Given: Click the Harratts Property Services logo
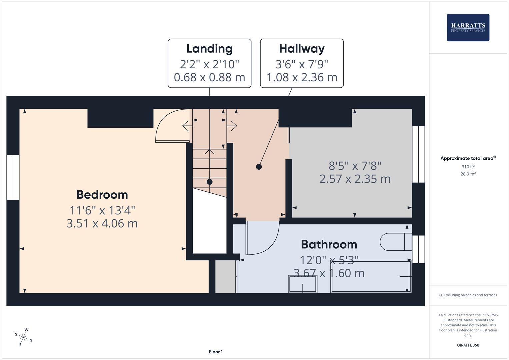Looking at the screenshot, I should tap(468, 27).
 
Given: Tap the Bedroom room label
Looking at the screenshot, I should tap(102, 195).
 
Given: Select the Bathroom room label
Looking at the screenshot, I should tap(329, 244).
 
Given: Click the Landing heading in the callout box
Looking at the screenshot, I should tap(209, 49).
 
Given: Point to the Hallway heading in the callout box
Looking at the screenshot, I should tap(302, 49).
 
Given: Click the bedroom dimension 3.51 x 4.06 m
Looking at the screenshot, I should tap(102, 223).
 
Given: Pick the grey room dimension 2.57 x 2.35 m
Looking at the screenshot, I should tap(355, 179).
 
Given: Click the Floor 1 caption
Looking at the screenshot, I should tap(216, 352).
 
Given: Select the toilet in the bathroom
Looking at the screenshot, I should tap(396, 242).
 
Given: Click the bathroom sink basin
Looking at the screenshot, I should tap(302, 284).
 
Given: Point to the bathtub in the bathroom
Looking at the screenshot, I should tap(371, 277).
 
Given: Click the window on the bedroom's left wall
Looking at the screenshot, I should tap(13, 177).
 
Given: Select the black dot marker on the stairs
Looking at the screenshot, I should tap(209, 182).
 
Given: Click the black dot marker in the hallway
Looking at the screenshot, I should tap(259, 167).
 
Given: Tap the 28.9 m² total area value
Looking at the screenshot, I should tap(468, 174).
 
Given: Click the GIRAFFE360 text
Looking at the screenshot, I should tap(468, 345).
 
